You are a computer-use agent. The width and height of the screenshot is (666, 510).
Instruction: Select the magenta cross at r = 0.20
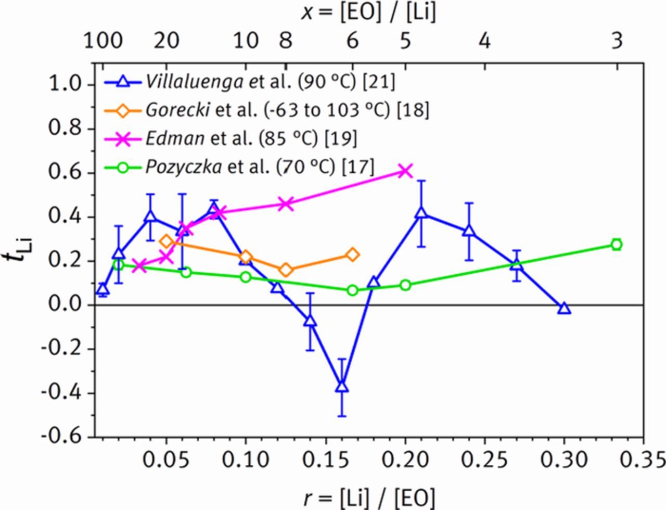point(405,171)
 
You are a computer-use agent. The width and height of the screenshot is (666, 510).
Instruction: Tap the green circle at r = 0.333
point(617,244)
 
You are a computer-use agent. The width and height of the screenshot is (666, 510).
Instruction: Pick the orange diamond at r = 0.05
point(166,241)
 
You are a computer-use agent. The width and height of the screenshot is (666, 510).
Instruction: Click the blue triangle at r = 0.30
point(564,309)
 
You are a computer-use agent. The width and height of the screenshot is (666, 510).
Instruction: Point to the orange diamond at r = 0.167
point(352,254)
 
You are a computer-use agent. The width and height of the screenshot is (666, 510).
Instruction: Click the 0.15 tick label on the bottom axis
point(325,460)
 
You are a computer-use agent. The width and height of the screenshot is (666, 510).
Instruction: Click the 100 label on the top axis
point(104,40)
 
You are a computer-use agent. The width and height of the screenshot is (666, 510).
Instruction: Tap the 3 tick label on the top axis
point(617,40)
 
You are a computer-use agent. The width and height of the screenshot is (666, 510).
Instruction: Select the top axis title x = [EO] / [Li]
point(368,12)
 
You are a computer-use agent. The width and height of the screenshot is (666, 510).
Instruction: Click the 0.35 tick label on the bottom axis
point(644,460)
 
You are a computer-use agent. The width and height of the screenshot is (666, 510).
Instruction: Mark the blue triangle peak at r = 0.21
point(421,213)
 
